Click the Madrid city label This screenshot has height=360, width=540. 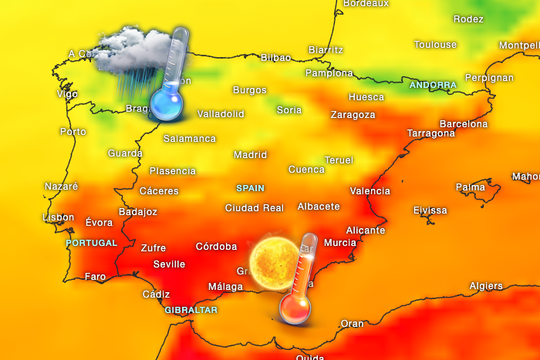(x=250, y=155)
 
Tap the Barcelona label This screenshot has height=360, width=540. (x=464, y=124)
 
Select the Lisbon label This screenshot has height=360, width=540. (x=59, y=217)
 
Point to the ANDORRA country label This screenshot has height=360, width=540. (x=433, y=85)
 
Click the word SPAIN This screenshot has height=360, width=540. (x=250, y=188)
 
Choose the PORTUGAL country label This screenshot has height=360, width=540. (x=91, y=243)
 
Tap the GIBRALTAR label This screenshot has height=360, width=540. (x=191, y=310)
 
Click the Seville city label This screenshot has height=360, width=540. (x=169, y=264)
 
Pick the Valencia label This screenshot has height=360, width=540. (x=370, y=191)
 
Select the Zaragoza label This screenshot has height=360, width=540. (x=353, y=115)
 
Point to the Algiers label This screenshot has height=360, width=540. (x=486, y=287)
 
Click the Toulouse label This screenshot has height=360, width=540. (x=435, y=45)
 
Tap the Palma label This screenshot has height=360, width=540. (x=471, y=187)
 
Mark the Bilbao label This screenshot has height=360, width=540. (x=275, y=58)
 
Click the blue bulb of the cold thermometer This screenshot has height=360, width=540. (x=164, y=104)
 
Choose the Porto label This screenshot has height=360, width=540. (x=73, y=132)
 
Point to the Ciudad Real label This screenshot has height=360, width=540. (x=254, y=208)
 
